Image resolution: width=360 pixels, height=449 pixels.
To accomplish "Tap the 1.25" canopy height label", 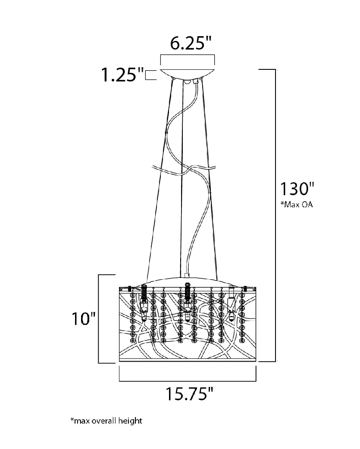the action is pyautogui.click(x=123, y=75).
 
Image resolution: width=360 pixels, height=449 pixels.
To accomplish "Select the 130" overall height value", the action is pyautogui.click(x=297, y=189).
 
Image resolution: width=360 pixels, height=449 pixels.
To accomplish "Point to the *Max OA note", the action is pyautogui.click(x=297, y=204).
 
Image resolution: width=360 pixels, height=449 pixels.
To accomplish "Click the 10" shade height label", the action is pyautogui.click(x=84, y=318).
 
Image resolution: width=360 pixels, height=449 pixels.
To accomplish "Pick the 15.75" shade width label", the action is pyautogui.click(x=190, y=394).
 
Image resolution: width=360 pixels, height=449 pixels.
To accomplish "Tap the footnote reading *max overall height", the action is pyautogui.click(x=106, y=421).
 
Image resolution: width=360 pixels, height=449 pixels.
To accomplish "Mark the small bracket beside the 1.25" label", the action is pyautogui.click(x=150, y=75).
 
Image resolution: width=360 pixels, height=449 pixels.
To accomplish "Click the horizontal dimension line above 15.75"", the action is pyautogui.click(x=188, y=381).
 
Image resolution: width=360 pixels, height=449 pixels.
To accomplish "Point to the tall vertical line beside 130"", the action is pyautogui.click(x=275, y=215).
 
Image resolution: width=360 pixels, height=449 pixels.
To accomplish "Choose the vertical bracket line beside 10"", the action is pyautogui.click(x=99, y=319).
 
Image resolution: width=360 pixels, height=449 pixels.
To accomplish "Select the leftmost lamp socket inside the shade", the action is pyautogui.click(x=144, y=303).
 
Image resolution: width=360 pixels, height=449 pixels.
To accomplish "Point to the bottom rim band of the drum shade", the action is pyautogui.click(x=188, y=360).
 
